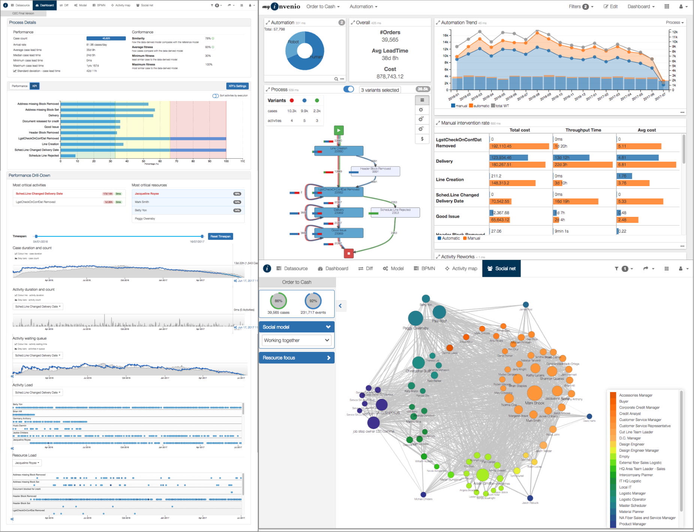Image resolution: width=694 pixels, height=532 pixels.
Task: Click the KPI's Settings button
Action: (238, 86)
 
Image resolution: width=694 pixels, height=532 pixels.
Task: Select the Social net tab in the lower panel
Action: (501, 269)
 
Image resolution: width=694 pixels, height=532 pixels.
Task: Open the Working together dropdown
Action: (296, 340)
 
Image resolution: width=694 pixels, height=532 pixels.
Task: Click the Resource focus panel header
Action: (296, 358)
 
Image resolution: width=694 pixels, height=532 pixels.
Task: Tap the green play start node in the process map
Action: (339, 130)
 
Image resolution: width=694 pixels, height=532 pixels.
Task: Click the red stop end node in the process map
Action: (349, 253)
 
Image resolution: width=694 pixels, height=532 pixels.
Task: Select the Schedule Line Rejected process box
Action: (395, 212)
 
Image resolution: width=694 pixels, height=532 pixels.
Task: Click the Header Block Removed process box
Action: (375, 171)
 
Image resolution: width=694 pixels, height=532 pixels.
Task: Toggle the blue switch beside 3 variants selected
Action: (348, 89)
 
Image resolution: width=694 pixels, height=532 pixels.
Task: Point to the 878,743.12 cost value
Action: (390, 77)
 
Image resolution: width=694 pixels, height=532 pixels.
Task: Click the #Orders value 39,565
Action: (390, 40)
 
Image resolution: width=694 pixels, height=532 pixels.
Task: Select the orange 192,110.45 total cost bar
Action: (519, 146)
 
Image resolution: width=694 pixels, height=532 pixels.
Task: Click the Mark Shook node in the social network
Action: (534, 393)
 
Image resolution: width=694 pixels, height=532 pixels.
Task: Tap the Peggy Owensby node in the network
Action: (415, 318)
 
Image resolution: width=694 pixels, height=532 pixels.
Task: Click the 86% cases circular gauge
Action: (278, 301)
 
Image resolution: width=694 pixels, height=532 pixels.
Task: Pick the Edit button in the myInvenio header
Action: (610, 6)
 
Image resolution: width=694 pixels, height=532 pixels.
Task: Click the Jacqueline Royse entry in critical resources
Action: (147, 194)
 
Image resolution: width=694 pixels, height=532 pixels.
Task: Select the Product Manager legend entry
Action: (632, 524)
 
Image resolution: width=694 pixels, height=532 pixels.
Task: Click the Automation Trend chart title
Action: (459, 23)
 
